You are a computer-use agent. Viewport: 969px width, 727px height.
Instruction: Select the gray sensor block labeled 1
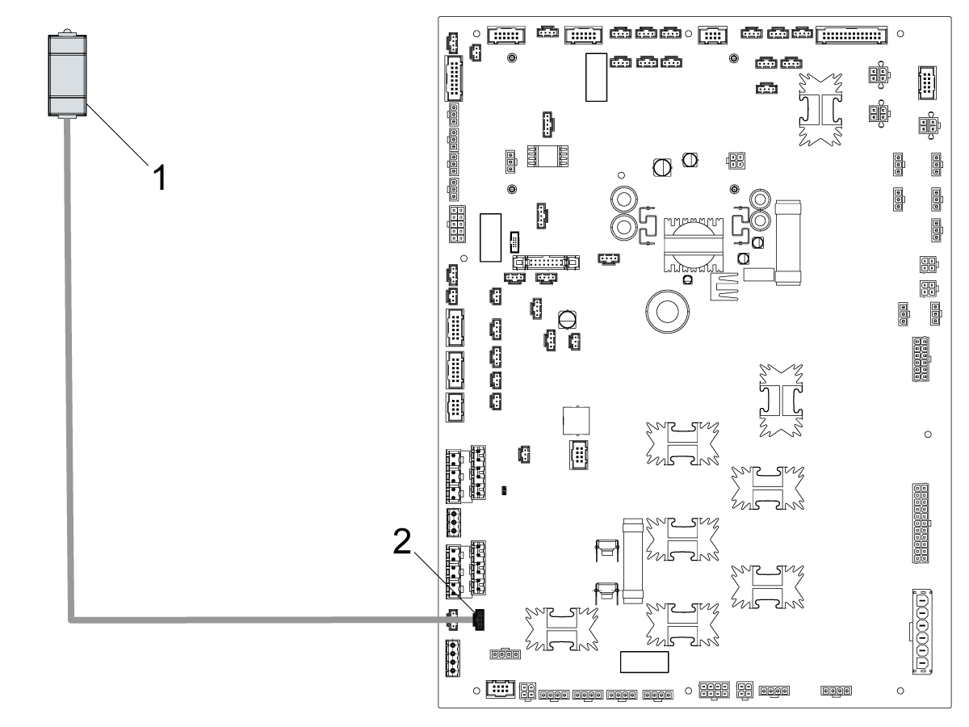click(x=67, y=75)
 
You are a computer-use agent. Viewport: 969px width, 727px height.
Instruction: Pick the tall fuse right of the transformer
click(x=786, y=243)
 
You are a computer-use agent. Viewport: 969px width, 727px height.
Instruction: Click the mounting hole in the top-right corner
click(x=900, y=34)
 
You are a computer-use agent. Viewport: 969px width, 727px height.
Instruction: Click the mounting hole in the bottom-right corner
click(x=900, y=691)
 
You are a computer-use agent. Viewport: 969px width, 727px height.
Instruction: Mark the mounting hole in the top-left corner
click(x=477, y=34)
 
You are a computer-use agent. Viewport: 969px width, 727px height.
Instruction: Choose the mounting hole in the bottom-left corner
click(x=477, y=691)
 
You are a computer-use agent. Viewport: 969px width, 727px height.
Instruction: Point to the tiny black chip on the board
click(x=505, y=490)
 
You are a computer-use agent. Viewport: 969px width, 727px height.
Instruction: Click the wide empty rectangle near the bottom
click(x=644, y=662)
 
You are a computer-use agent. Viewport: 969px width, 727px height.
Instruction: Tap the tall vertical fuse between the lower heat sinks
click(x=632, y=559)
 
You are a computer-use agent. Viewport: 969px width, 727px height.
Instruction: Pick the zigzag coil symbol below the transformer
click(x=724, y=285)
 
